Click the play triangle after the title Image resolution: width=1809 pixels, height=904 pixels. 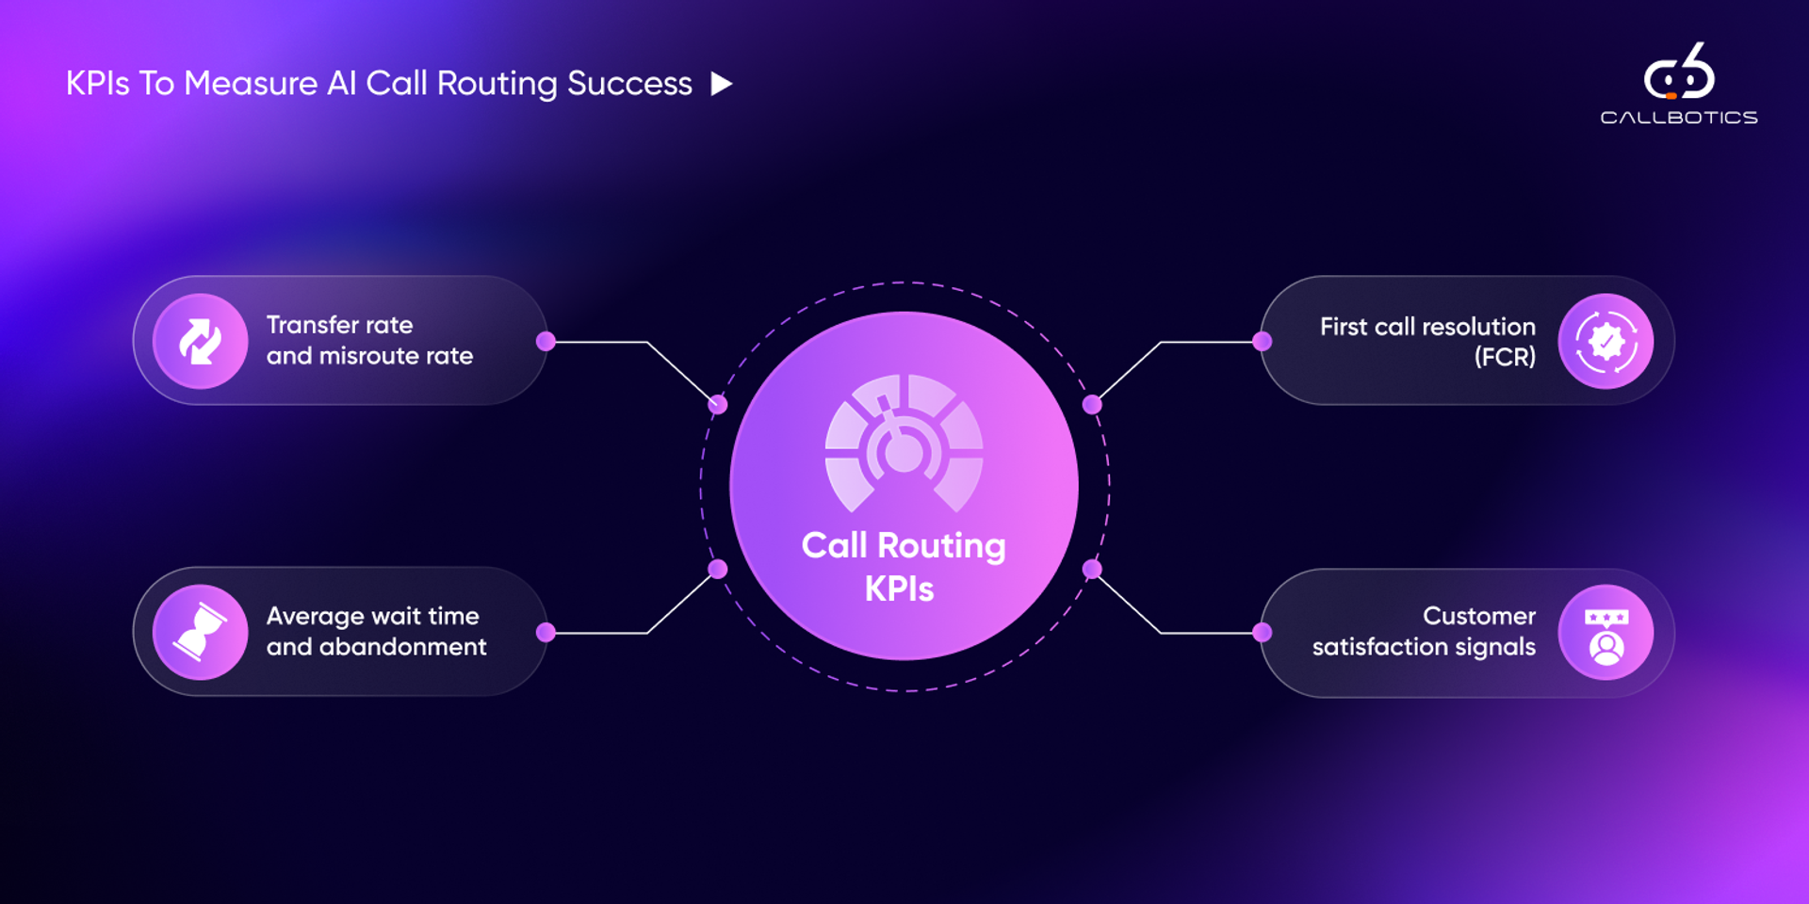(721, 84)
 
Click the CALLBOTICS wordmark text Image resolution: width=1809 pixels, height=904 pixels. (1679, 118)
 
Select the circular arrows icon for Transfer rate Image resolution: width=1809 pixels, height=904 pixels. (201, 341)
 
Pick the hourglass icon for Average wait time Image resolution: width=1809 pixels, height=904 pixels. (201, 632)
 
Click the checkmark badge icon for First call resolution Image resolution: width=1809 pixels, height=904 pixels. (1605, 341)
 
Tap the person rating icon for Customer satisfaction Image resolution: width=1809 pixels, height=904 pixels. (1605, 633)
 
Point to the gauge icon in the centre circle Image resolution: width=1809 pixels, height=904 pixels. (904, 443)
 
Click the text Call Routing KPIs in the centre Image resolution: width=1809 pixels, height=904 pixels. (903, 567)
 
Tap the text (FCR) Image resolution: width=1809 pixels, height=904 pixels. (1505, 357)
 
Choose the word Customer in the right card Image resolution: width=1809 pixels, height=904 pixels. (1478, 616)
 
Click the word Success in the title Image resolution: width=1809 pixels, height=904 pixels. (629, 84)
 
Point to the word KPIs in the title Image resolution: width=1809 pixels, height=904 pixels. (97, 84)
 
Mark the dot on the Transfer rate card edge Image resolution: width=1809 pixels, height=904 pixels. (546, 341)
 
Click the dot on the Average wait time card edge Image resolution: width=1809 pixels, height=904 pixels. (546, 632)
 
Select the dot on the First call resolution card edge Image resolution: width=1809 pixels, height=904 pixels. (1263, 341)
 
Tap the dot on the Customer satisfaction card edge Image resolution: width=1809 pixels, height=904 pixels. (1263, 633)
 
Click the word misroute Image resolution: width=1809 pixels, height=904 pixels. (367, 356)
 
